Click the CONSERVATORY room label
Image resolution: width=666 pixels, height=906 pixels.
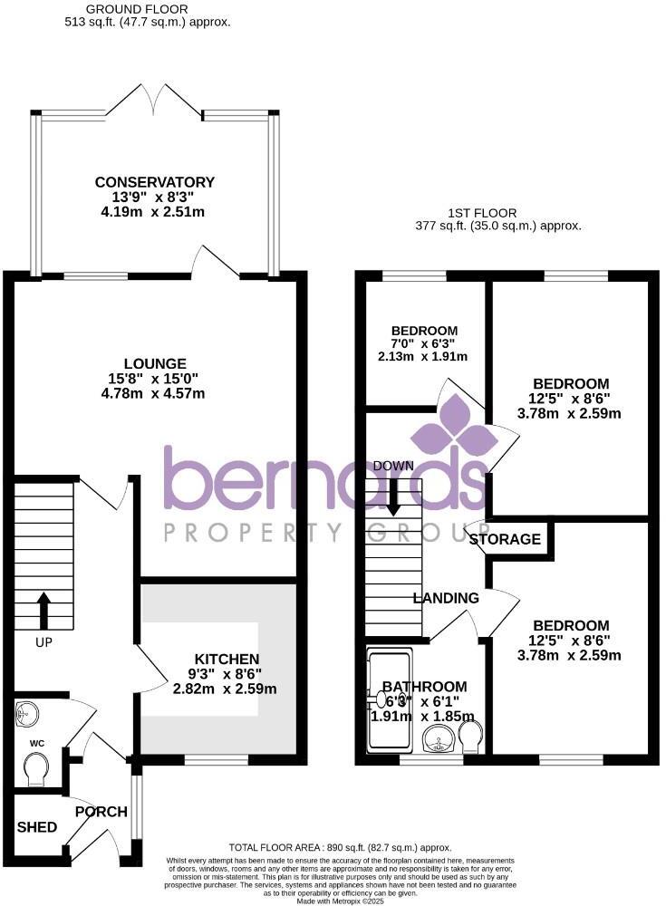click(156, 183)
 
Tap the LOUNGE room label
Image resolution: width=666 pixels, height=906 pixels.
click(156, 363)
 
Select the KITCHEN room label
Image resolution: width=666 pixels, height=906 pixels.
click(227, 659)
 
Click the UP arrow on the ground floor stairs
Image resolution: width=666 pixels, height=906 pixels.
click(43, 611)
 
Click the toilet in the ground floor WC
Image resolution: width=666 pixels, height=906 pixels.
click(37, 771)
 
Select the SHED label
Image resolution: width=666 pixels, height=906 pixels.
click(37, 827)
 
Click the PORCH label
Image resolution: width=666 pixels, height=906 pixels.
click(101, 811)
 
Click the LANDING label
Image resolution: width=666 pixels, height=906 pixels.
click(446, 598)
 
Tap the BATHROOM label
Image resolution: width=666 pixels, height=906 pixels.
click(424, 687)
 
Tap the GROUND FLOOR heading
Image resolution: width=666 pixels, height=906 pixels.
click(156, 8)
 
